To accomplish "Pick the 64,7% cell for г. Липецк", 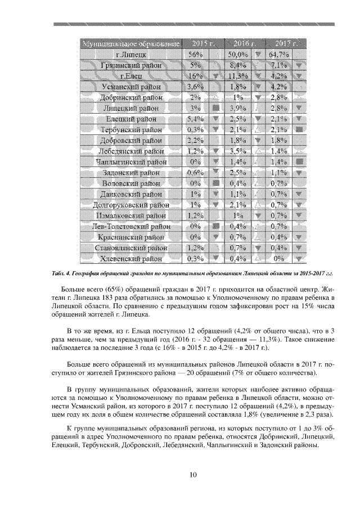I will point(280,55).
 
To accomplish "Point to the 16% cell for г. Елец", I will point(196,76).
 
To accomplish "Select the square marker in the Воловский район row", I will point(216,183).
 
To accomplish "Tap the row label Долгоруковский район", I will point(131,205).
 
